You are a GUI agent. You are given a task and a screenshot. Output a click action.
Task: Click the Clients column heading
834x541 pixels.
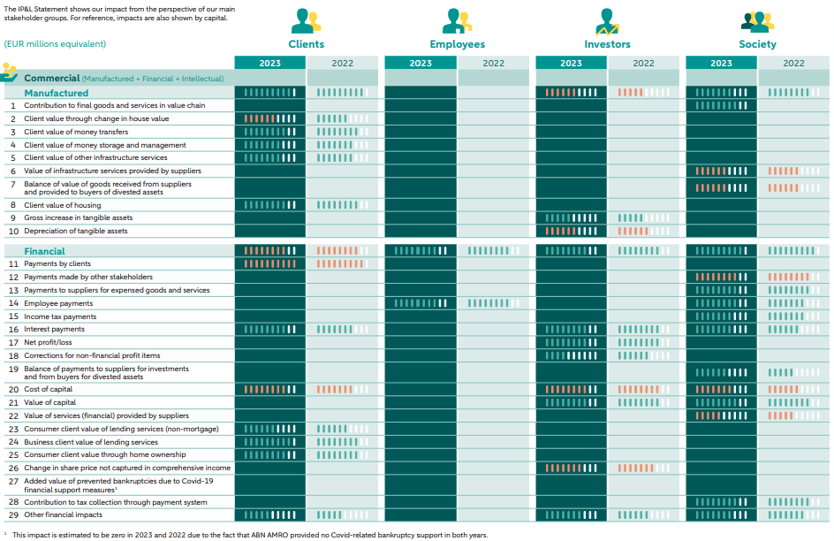306,44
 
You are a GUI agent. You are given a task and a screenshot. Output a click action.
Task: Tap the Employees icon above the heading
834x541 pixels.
457,21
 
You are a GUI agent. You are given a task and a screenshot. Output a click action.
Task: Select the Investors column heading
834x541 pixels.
607,44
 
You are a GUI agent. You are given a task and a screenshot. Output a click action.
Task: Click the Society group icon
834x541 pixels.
757,21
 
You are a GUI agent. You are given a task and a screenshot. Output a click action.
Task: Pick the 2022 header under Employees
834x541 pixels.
493,63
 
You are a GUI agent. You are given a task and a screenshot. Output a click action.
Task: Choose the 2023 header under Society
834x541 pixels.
721,63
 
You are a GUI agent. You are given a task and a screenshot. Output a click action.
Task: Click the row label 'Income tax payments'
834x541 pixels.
60,316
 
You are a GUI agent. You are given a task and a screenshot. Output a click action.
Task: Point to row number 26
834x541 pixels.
13,468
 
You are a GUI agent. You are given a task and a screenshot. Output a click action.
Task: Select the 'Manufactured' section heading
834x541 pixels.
56,93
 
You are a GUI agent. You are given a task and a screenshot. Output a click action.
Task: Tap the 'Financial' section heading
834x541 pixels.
44,251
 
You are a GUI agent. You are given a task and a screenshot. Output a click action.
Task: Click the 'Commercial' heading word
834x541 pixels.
51,79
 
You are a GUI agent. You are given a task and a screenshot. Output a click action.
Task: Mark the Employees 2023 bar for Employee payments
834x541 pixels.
421,303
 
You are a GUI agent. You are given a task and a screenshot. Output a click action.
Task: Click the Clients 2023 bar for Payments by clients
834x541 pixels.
270,263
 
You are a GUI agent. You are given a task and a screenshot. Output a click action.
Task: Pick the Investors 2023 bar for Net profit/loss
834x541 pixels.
571,342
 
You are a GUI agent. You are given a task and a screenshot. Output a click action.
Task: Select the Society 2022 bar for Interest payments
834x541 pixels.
788,329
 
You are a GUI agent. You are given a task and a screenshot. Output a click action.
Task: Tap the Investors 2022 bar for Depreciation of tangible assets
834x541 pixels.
633,231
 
